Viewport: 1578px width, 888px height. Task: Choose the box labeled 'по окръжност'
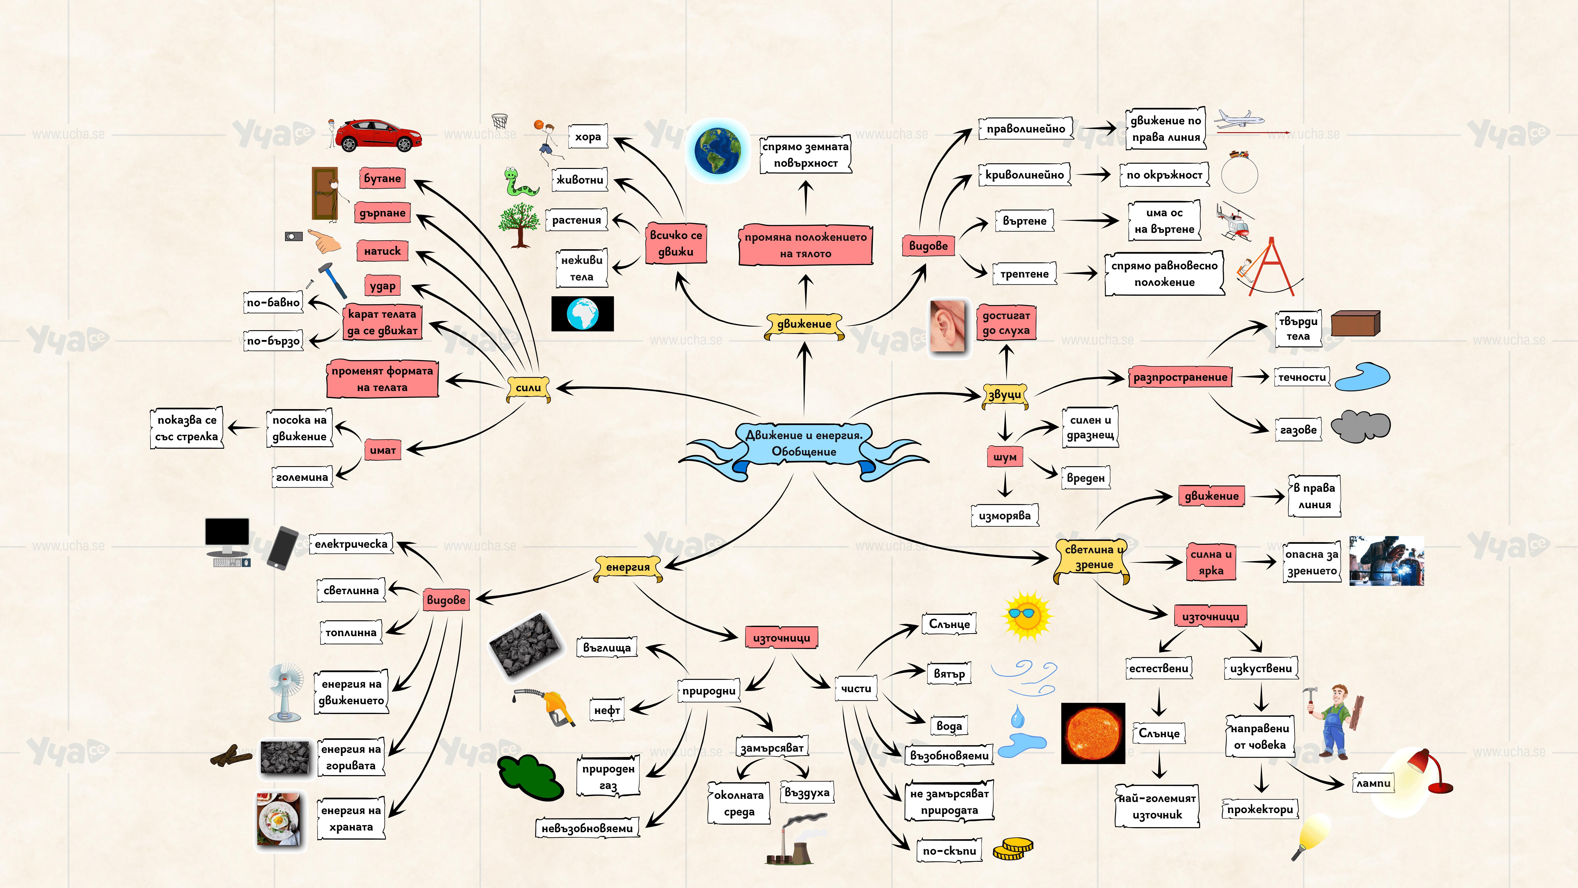point(1164,175)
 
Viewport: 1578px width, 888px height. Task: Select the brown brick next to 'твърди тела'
point(1355,323)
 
